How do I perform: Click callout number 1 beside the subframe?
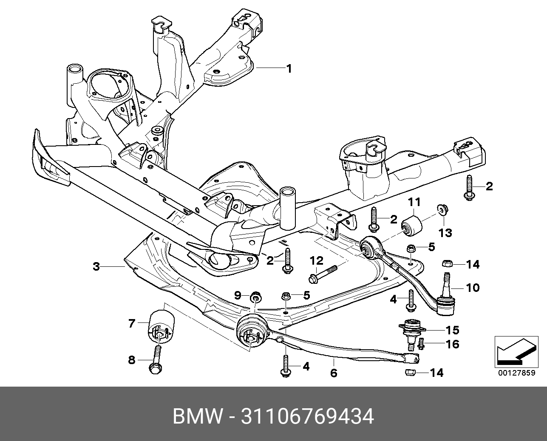tap(289, 68)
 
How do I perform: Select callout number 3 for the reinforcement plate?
tap(96, 267)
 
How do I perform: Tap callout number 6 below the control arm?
tap(334, 373)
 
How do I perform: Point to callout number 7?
tap(132, 324)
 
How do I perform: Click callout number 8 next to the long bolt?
tap(132, 360)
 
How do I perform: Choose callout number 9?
tap(238, 295)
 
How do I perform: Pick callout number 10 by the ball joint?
tap(472, 288)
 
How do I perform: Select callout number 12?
tap(316, 260)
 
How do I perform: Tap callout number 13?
tap(445, 232)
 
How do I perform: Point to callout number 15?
tap(452, 330)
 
